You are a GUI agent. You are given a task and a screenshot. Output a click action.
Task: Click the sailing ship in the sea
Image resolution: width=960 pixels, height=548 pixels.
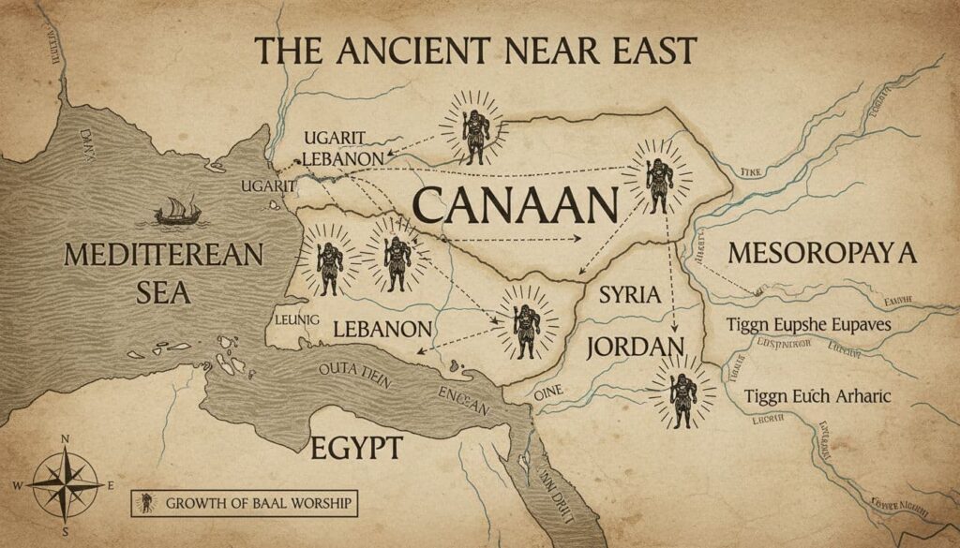click(x=173, y=213)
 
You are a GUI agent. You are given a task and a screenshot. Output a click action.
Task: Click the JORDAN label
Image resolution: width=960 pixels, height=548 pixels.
click(x=635, y=346)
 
